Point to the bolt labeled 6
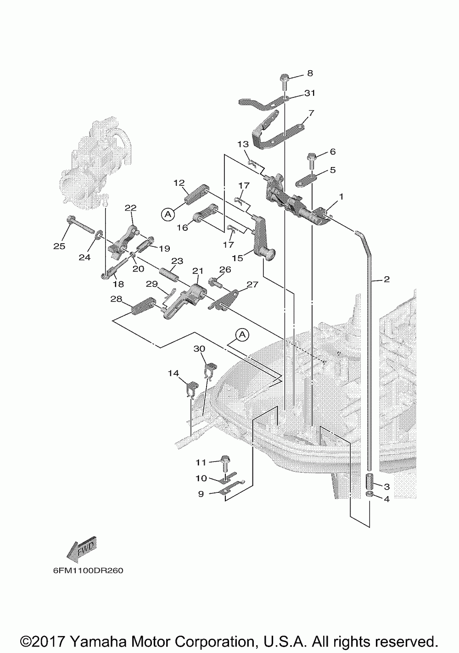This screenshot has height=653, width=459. [311, 162]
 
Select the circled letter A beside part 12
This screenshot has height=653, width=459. [168, 214]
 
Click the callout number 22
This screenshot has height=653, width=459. [130, 208]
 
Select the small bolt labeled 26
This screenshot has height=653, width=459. [215, 282]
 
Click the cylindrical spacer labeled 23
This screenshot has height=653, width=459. [168, 275]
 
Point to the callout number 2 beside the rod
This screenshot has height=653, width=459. [386, 279]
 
